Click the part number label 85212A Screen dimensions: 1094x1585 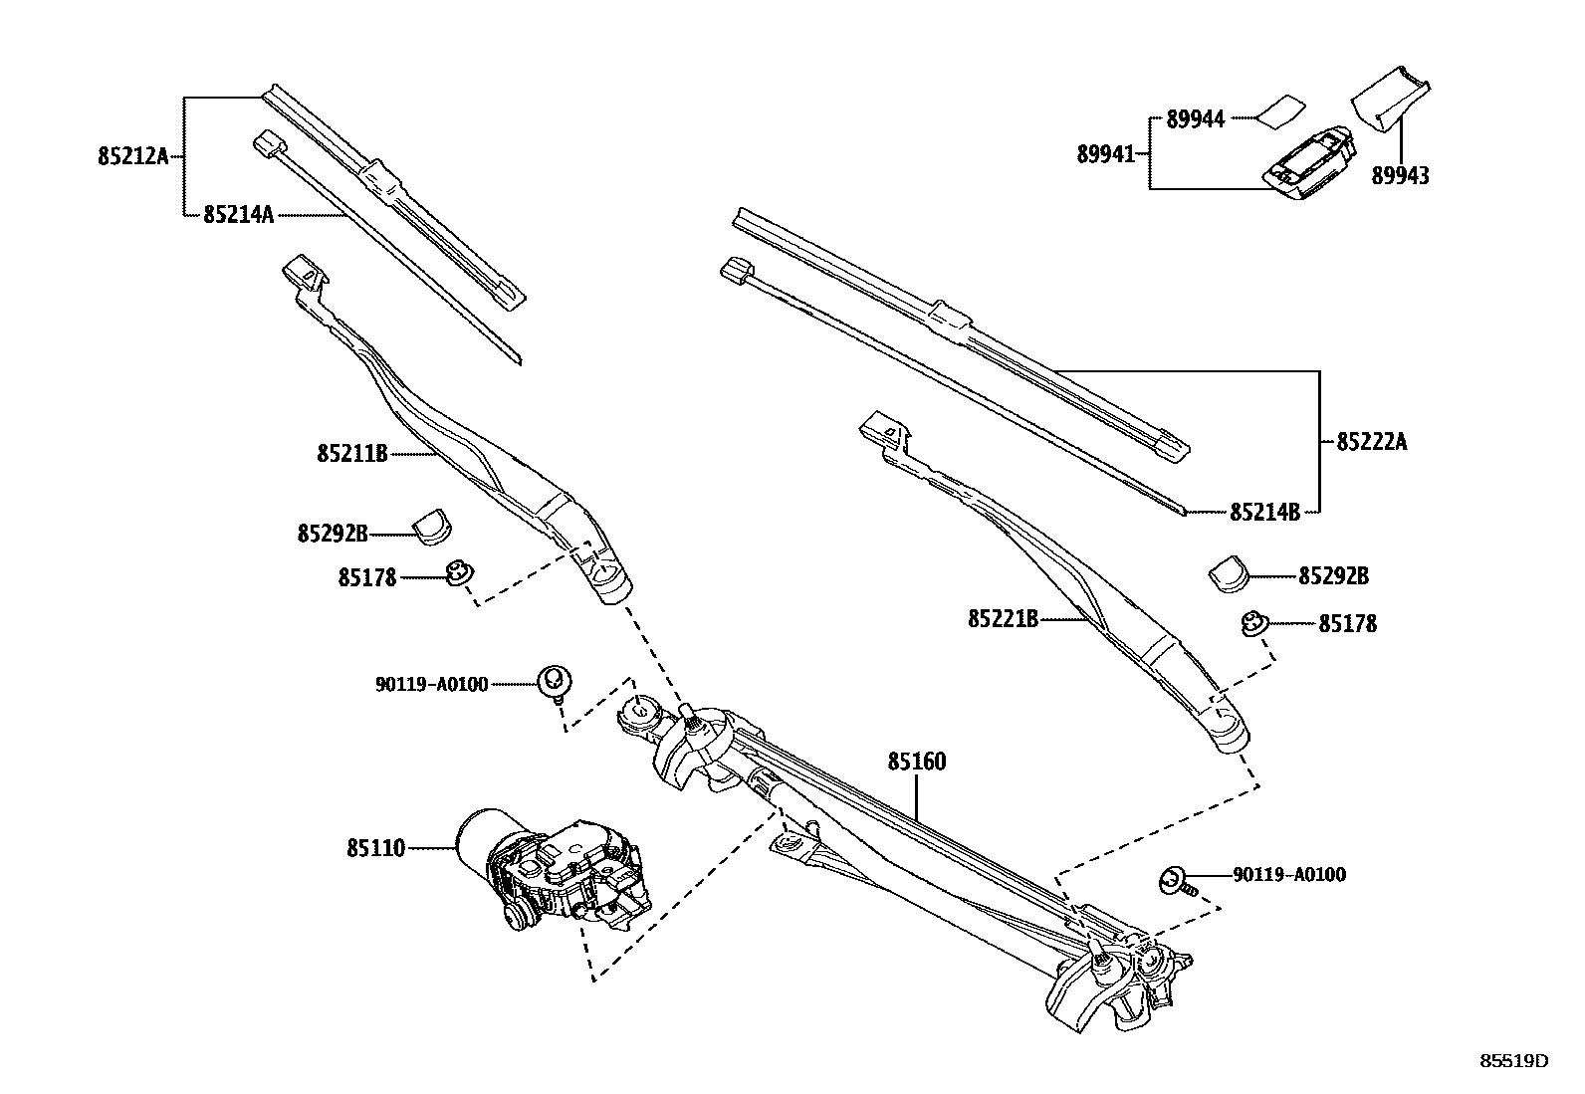click(x=133, y=156)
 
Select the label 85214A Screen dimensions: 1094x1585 click(x=238, y=215)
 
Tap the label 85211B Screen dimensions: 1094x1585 click(x=351, y=454)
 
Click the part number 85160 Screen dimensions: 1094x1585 click(x=917, y=763)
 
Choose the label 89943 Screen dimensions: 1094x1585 click(x=1400, y=176)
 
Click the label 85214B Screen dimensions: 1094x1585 click(x=1264, y=513)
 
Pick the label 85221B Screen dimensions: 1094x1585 click(x=1003, y=619)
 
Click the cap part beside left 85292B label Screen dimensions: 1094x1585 click(x=431, y=527)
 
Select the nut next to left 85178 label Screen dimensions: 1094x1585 click(x=460, y=573)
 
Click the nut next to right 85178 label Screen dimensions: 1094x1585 click(x=1252, y=624)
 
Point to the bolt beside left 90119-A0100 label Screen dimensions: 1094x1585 click(x=554, y=682)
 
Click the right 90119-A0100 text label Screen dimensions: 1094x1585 click(x=1288, y=875)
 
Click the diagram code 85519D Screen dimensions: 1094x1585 click(x=1513, y=1061)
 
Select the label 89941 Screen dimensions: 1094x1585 click(x=1105, y=154)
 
